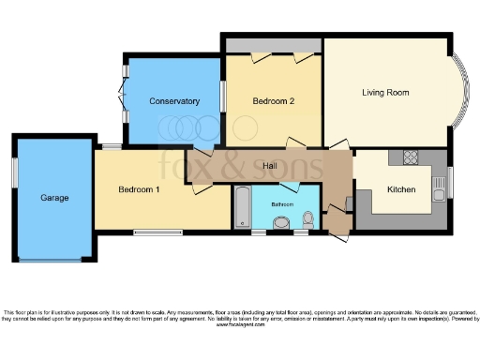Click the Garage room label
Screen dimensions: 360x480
point(54,198)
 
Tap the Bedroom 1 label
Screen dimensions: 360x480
point(138,189)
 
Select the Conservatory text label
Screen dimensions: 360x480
point(173,101)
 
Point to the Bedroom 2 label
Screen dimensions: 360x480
point(274,100)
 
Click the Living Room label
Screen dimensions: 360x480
point(386,92)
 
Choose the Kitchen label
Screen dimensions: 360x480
point(401,189)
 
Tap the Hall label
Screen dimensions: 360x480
point(269,166)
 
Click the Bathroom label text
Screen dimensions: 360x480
point(282,203)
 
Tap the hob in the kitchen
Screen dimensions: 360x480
point(409,157)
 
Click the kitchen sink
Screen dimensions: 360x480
point(439,193)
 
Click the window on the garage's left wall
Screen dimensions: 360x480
point(14,174)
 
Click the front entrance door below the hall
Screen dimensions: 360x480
point(337,235)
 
